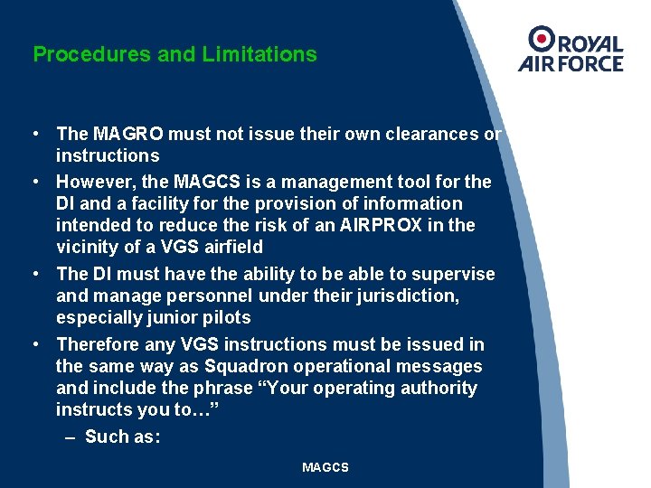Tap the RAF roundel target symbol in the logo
point(542,39)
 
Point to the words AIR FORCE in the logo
point(571,63)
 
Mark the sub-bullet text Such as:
point(122,436)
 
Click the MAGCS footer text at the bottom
point(325,467)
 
